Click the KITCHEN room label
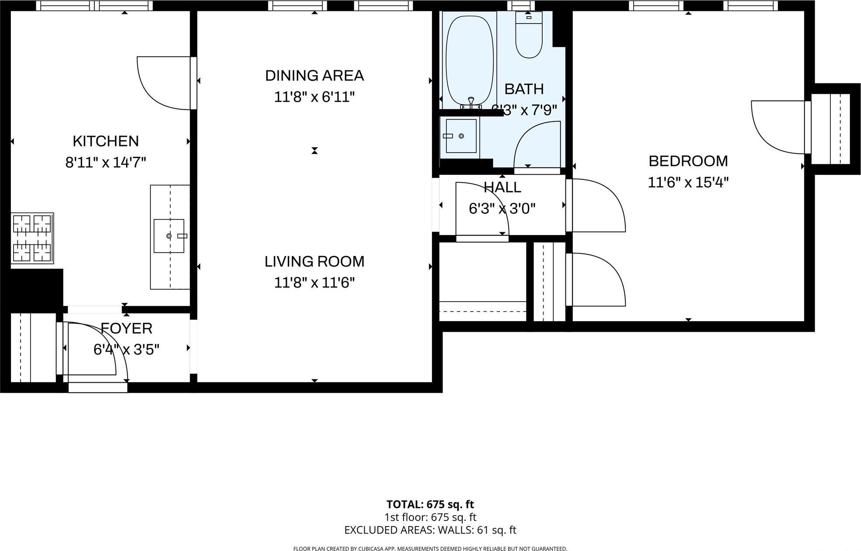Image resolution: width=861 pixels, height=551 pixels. click(x=105, y=141)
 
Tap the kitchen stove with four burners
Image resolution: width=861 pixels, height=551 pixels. click(x=32, y=238)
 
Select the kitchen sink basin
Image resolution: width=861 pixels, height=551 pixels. click(x=169, y=236)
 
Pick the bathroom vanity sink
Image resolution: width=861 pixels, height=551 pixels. click(x=460, y=136)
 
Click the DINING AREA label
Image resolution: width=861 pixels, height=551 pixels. click(x=314, y=76)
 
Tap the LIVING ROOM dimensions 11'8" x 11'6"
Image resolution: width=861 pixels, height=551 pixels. click(x=314, y=283)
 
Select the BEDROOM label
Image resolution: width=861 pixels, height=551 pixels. click(x=688, y=161)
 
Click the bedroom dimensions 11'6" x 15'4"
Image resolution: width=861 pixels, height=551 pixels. click(x=688, y=182)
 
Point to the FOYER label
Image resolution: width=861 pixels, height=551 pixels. click(x=126, y=328)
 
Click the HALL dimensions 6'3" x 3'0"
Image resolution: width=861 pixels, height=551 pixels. click(x=502, y=209)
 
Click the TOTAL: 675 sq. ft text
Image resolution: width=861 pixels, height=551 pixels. click(x=430, y=504)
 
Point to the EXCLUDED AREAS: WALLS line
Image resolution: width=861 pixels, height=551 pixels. click(x=430, y=530)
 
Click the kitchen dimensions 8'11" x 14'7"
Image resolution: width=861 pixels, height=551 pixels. click(x=105, y=163)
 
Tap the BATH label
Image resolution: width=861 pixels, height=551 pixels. click(x=524, y=89)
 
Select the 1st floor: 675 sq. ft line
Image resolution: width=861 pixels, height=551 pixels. click(x=430, y=517)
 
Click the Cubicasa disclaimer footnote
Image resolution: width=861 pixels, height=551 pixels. click(x=430, y=549)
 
